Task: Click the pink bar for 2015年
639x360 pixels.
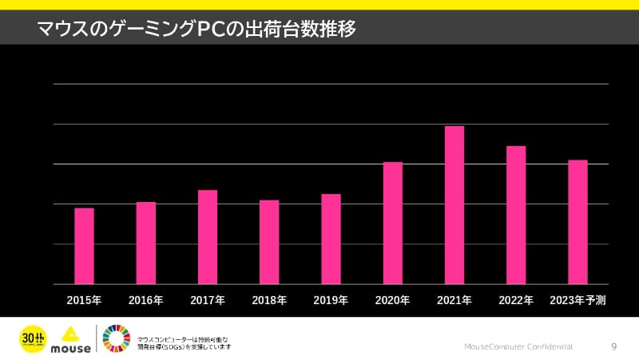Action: pyautogui.click(x=84, y=246)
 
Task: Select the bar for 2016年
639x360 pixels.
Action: pyautogui.click(x=146, y=243)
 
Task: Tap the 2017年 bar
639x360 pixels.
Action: pyautogui.click(x=208, y=237)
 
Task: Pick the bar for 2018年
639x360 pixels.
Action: pyautogui.click(x=269, y=242)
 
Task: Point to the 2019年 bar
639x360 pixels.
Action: pyautogui.click(x=331, y=239)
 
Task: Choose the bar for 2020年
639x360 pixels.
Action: pyautogui.click(x=392, y=223)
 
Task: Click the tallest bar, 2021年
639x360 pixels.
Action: pyautogui.click(x=454, y=205)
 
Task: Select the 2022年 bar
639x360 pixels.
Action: pyautogui.click(x=516, y=215)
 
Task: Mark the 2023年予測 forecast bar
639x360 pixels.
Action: pyautogui.click(x=577, y=222)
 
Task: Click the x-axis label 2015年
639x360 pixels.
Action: pyautogui.click(x=84, y=301)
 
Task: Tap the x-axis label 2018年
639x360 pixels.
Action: pyautogui.click(x=269, y=301)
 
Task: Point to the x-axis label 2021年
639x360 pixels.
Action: pyautogui.click(x=454, y=301)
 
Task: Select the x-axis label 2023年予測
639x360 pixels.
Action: pyautogui.click(x=578, y=301)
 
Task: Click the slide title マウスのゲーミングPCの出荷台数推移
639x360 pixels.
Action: pyautogui.click(x=196, y=30)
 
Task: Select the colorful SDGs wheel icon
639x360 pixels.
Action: pyautogui.click(x=118, y=338)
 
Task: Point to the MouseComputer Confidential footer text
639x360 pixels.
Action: pyautogui.click(x=518, y=347)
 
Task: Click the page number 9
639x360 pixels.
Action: pyautogui.click(x=613, y=346)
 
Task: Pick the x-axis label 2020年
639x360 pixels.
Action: pyautogui.click(x=392, y=301)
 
